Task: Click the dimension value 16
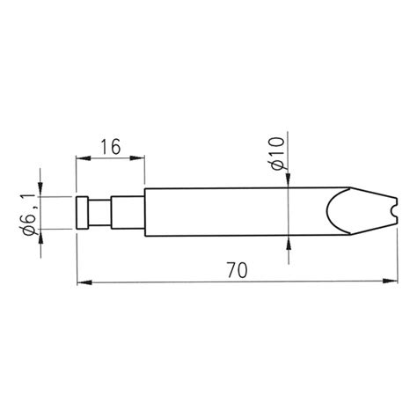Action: point(110,147)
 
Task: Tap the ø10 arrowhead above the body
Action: point(289,181)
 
